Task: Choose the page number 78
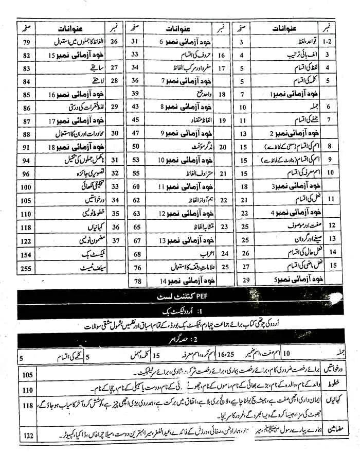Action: click(137, 281)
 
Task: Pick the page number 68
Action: click(136, 254)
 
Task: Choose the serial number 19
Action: click(223, 120)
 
